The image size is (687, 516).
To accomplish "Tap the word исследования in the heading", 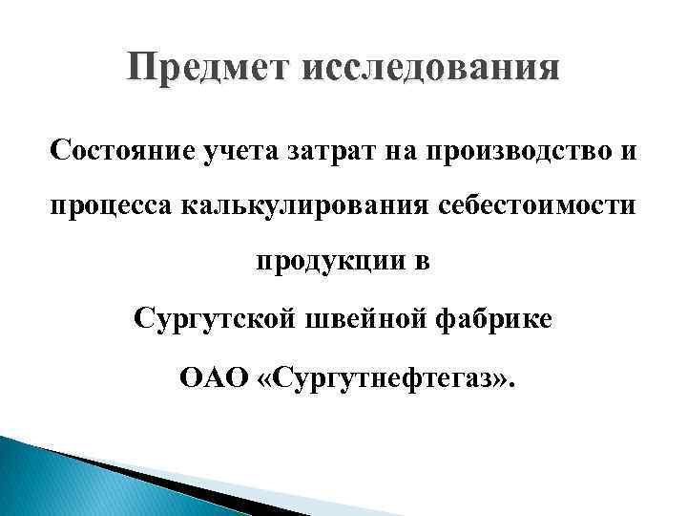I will (424, 69).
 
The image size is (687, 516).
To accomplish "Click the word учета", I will (226, 151).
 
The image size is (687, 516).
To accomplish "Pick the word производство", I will (511, 151).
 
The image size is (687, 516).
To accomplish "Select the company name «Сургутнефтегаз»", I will (387, 373).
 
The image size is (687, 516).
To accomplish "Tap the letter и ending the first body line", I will (629, 151).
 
